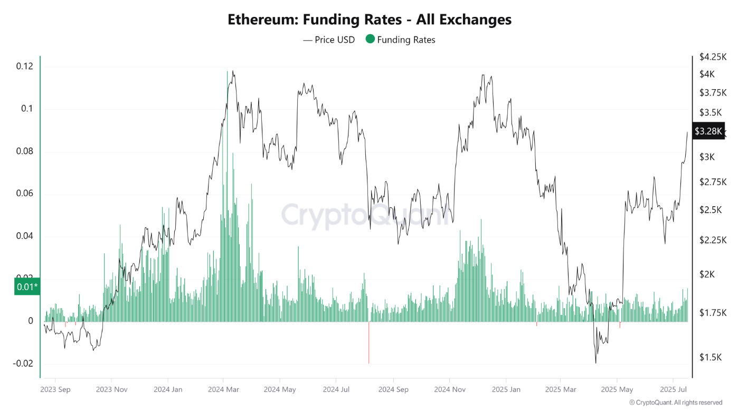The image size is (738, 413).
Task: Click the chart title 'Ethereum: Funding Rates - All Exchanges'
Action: click(369, 20)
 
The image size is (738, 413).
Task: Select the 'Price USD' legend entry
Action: click(329, 40)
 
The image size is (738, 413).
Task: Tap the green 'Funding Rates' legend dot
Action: click(370, 39)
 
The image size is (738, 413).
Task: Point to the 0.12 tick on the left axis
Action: click(25, 66)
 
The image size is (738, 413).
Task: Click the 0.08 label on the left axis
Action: click(25, 151)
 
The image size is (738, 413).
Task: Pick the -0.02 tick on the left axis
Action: click(23, 364)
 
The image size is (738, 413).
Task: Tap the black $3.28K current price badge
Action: click(708, 131)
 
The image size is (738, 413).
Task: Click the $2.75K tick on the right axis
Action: click(713, 182)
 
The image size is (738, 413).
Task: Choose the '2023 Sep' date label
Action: click(55, 390)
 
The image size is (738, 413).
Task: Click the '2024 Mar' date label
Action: click(223, 390)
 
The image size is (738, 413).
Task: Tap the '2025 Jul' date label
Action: click(673, 390)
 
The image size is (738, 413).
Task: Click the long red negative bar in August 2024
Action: click(368, 343)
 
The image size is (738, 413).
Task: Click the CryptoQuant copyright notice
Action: click(676, 402)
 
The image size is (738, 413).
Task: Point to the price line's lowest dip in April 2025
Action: click(596, 362)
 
